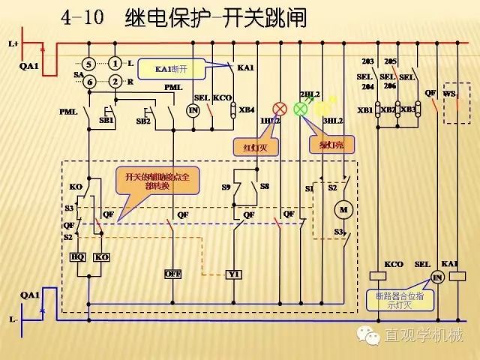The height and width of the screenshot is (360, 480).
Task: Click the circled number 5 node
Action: tap(88, 64)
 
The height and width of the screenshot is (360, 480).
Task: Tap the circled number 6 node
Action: tap(88, 82)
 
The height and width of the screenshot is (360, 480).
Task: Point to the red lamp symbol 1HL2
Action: tap(277, 108)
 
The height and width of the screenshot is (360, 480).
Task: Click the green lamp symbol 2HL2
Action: tap(300, 109)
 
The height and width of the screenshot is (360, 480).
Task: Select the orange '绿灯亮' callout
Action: tap(328, 143)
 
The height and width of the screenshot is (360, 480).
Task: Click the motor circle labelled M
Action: tap(344, 208)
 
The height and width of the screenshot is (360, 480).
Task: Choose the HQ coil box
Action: tap(76, 256)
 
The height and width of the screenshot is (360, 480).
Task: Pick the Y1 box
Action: tap(233, 274)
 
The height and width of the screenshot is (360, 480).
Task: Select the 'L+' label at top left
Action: tap(13, 44)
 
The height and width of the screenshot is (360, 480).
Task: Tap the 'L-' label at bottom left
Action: tap(13, 319)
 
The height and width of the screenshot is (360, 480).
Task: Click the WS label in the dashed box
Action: tap(449, 94)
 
